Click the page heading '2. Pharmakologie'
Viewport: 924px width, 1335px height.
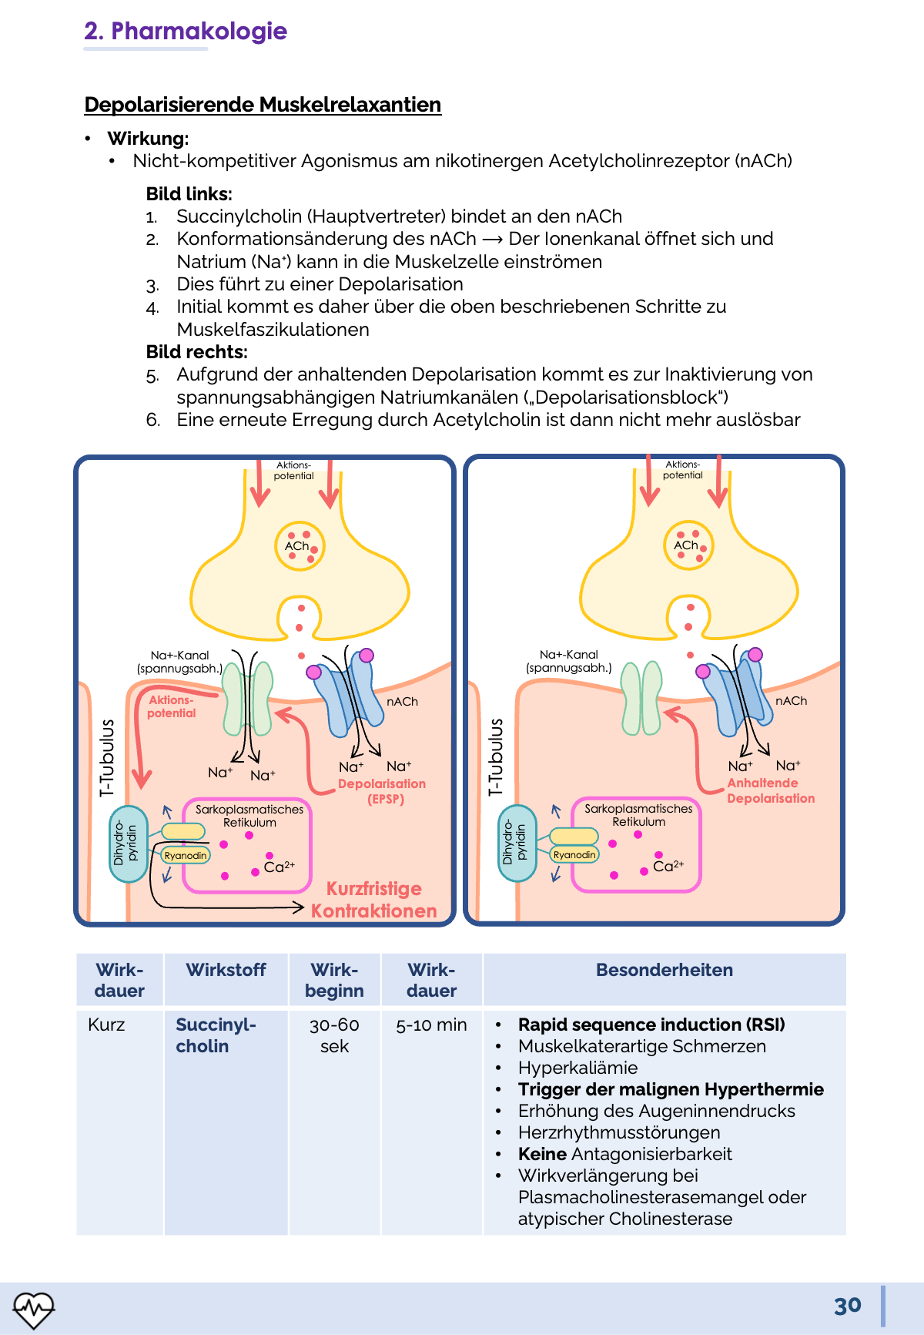tap(185, 31)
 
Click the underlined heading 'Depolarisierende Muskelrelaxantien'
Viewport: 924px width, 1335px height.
tap(263, 105)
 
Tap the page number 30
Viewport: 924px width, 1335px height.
tap(847, 1306)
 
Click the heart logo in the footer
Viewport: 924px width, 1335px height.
tap(33, 1308)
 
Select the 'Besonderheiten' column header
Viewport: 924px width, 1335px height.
tap(664, 970)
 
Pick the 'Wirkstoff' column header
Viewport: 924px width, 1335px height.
tap(226, 970)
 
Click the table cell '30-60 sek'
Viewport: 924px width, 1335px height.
tap(334, 1035)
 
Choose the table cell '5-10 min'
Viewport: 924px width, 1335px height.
tap(431, 1025)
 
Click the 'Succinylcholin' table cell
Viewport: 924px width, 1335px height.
tap(215, 1035)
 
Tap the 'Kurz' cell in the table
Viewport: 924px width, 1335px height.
tap(106, 1025)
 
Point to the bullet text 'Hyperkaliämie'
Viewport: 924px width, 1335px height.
tap(577, 1068)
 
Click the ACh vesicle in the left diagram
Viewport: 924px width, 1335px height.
tap(300, 546)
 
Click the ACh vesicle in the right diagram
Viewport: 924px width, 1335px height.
tap(688, 545)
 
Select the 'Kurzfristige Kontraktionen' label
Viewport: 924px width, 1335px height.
tap(374, 900)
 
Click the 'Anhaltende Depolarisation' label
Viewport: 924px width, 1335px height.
tap(770, 790)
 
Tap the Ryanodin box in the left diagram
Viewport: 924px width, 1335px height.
tap(186, 855)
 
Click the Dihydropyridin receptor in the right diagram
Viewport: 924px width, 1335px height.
tap(516, 844)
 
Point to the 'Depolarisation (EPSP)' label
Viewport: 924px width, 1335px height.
tap(382, 791)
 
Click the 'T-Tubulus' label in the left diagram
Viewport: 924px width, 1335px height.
tap(107, 758)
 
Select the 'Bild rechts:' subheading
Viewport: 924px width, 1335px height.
tap(197, 352)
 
